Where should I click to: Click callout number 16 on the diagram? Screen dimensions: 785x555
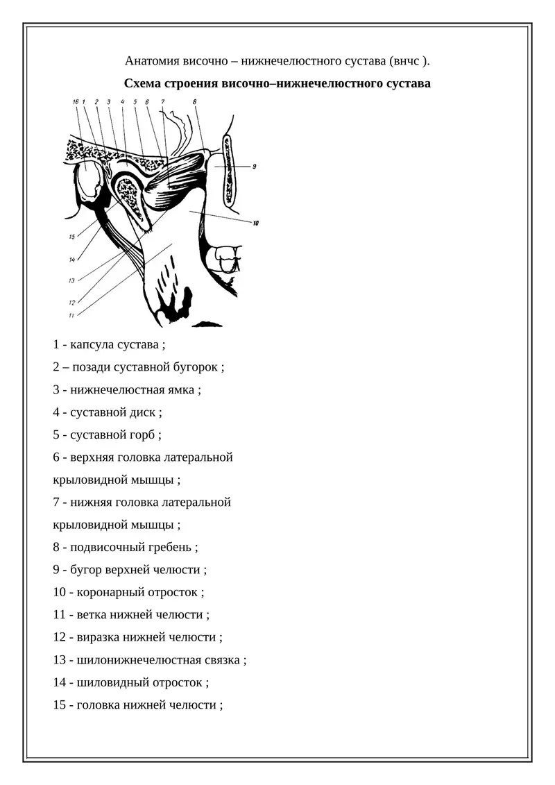tap(76, 102)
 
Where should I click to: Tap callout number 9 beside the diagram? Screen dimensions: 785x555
tap(255, 167)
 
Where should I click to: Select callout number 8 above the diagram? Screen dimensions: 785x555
tap(195, 102)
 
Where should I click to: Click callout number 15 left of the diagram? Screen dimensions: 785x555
tap(71, 237)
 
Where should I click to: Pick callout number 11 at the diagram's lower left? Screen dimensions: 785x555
tap(71, 315)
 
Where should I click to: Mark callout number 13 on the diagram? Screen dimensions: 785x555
tap(71, 280)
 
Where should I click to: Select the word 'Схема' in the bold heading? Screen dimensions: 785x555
tap(142, 84)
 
